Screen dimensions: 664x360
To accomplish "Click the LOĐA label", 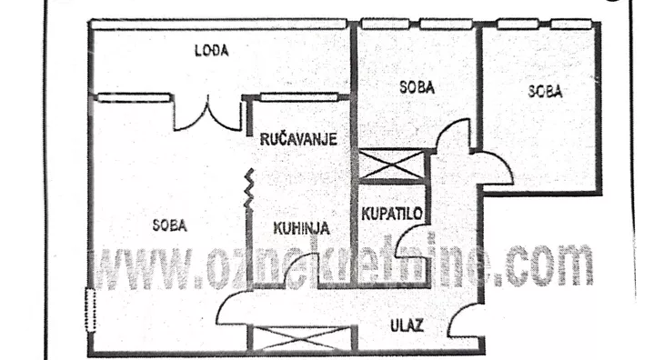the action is tap(212, 51).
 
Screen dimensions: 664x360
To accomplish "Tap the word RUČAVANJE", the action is tap(298, 140).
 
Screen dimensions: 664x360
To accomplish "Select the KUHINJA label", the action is tap(300, 228).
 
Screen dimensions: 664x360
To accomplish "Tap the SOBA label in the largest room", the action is tap(169, 226).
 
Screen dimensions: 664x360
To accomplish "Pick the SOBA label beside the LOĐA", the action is tap(417, 88).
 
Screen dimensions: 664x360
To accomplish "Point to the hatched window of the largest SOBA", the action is tap(89, 309).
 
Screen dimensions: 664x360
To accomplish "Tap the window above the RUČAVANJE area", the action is tap(298, 96).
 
